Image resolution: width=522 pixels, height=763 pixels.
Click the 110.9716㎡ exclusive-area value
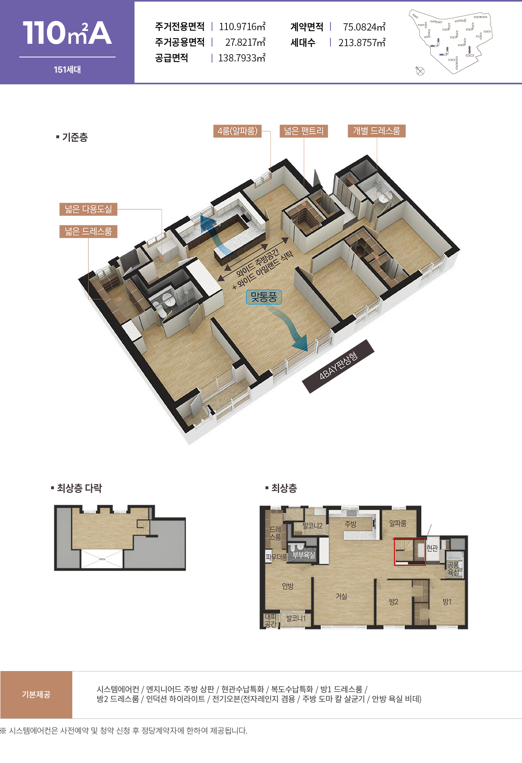(242, 27)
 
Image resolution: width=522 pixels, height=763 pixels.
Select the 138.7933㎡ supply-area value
(242, 58)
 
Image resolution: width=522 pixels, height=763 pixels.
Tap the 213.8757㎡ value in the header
(362, 43)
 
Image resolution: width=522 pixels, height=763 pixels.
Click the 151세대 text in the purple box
(67, 69)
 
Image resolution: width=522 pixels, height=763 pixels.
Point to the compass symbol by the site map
(420, 71)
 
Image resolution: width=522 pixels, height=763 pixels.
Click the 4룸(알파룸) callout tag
(237, 131)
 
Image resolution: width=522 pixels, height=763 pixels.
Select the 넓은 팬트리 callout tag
(304, 131)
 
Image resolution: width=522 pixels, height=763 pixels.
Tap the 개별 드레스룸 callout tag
(377, 131)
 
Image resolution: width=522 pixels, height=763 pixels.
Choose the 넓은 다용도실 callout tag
(88, 209)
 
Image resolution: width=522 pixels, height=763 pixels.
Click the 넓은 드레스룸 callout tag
(88, 231)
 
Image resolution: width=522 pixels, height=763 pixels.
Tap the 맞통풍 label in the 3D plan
(264, 297)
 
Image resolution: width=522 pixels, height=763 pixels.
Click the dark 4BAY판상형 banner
(338, 366)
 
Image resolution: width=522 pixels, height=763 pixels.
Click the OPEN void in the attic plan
(102, 559)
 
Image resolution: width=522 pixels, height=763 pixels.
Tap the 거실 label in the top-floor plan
(341, 597)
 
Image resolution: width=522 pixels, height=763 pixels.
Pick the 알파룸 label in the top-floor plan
(398, 523)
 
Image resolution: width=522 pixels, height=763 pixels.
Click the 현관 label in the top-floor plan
(432, 548)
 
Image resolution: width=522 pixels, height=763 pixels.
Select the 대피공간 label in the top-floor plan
(271, 620)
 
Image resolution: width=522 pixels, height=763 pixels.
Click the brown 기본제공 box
(36, 695)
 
